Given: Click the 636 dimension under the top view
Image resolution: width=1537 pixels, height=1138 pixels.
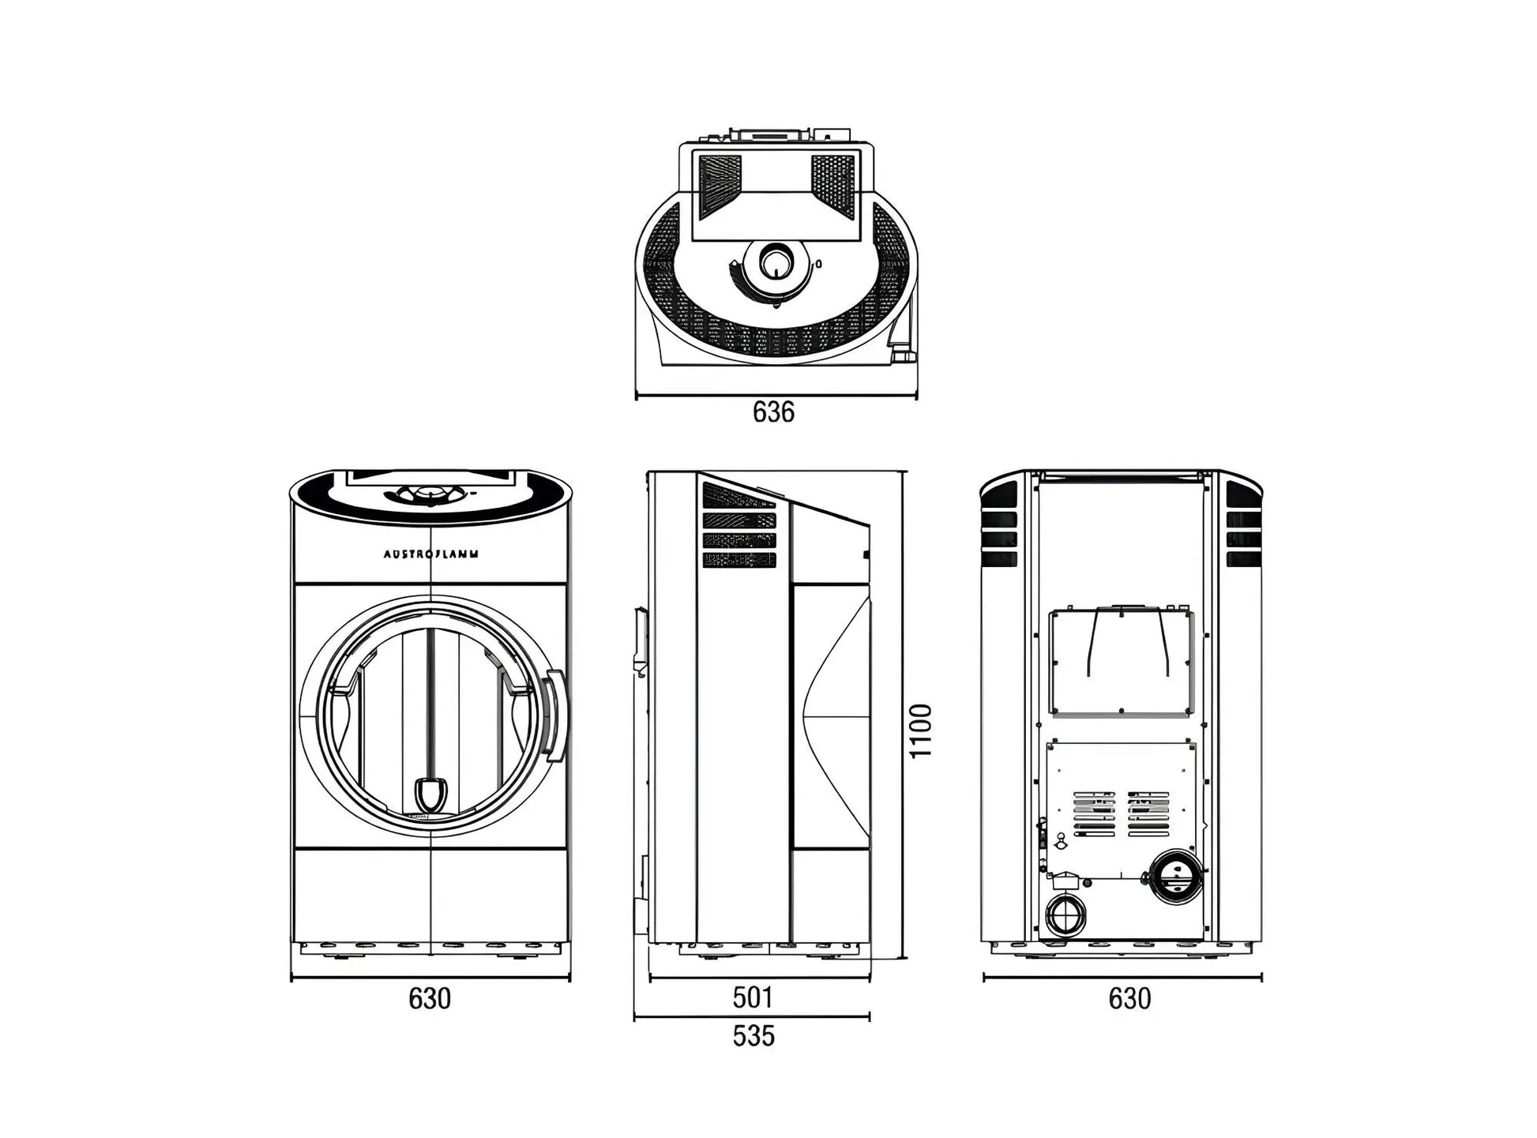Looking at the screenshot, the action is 773,411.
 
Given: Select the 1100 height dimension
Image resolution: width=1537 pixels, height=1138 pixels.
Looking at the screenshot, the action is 921,730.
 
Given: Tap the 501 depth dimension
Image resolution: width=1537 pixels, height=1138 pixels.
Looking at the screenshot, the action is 752,997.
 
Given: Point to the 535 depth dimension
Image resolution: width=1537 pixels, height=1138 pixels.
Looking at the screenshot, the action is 753,1035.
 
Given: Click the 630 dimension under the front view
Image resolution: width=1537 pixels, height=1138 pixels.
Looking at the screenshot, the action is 430,998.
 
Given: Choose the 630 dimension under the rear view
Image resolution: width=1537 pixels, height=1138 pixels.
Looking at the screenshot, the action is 1129,998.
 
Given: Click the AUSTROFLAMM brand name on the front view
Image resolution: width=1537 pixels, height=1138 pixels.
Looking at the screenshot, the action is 430,554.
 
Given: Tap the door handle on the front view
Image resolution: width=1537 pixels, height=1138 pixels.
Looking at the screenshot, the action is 556,715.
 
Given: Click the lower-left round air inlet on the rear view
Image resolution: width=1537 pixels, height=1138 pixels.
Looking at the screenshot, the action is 1065,916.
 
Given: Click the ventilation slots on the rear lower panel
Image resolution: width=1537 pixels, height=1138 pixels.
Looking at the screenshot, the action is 1121,813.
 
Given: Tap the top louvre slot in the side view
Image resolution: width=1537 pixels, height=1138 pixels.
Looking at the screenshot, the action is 739,495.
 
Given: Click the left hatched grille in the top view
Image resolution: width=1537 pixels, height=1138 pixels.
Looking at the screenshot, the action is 720,186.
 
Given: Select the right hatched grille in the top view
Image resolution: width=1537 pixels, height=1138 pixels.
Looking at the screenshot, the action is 833,186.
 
